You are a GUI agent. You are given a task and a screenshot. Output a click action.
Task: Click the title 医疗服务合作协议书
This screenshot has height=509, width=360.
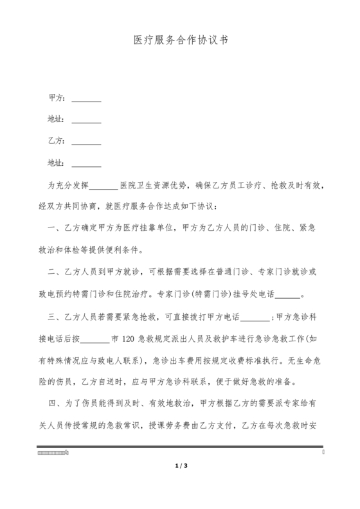pyautogui.click(x=180, y=39)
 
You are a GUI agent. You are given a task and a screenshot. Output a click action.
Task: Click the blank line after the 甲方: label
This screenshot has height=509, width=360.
pyautogui.click(x=86, y=100)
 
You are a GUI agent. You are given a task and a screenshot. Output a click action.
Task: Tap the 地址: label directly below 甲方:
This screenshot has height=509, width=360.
pyautogui.click(x=56, y=120)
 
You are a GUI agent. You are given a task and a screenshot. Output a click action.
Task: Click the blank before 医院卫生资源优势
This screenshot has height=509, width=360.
pyautogui.click(x=103, y=186)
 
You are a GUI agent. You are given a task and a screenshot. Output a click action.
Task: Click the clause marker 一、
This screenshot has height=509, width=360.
pyautogui.click(x=55, y=228)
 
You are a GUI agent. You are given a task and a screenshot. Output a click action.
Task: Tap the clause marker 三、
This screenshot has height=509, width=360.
pyautogui.click(x=55, y=316)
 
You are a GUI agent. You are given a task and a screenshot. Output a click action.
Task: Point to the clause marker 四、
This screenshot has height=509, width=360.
pyautogui.click(x=55, y=405)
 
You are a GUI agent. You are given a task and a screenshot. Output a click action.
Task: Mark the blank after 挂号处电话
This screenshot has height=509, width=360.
pyautogui.click(x=291, y=296)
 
